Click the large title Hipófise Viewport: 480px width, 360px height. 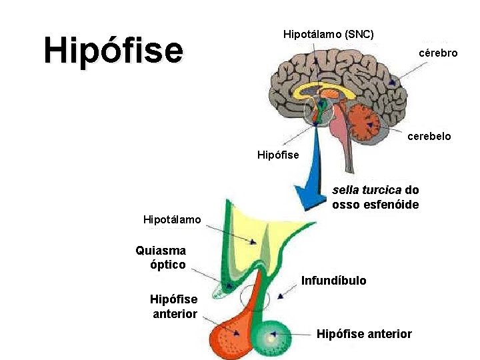click(113, 51)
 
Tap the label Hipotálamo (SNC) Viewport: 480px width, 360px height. click(329, 33)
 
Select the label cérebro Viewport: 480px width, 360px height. click(438, 53)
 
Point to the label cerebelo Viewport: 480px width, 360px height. click(429, 136)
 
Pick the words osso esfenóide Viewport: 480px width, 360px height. click(375, 205)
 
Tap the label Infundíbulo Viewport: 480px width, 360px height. click(333, 281)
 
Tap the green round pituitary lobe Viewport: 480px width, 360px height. click(271, 339)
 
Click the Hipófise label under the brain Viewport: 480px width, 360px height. click(278, 155)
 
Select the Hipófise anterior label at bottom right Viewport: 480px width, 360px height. click(364, 334)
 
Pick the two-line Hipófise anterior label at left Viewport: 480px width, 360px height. click(174, 307)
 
